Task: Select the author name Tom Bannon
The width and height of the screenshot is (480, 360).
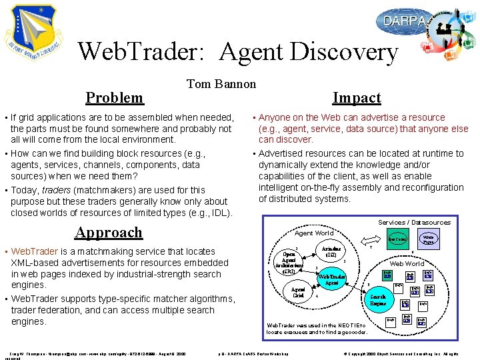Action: click(221, 83)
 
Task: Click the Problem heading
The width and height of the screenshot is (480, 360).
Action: click(115, 98)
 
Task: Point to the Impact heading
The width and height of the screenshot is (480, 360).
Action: click(357, 98)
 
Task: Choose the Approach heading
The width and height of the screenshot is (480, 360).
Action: click(109, 233)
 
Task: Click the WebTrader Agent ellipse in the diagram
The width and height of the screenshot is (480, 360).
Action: click(331, 279)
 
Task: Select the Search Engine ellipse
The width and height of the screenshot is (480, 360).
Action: click(379, 300)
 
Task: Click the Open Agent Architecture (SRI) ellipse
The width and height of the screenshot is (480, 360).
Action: click(289, 262)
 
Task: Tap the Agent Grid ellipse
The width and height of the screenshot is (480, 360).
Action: click(299, 293)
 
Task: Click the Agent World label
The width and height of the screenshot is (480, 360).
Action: click(313, 233)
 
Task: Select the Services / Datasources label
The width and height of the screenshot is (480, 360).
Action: click(414, 222)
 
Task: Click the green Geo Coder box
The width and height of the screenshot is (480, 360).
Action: click(398, 239)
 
